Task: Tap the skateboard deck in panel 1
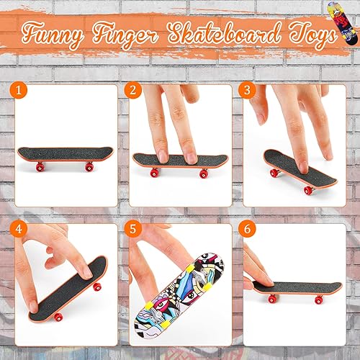point(64,155)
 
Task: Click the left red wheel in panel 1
point(40,167)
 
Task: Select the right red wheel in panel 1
point(89,167)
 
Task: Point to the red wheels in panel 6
point(271,297)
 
